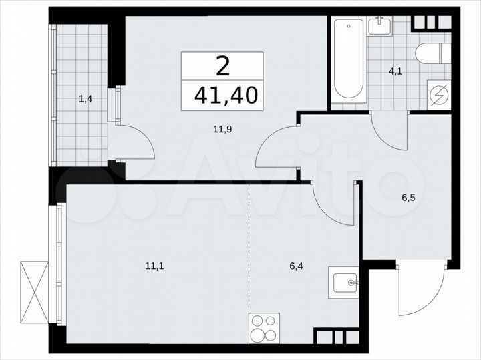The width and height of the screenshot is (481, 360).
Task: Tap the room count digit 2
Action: click(x=222, y=66)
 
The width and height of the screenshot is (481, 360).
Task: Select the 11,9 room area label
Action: click(x=222, y=130)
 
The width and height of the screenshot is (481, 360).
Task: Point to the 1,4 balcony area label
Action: click(x=86, y=99)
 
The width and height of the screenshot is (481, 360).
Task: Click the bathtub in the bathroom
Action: click(x=348, y=59)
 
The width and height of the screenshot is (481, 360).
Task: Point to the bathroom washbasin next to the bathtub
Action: click(x=381, y=26)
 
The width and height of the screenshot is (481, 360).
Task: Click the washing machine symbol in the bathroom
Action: click(x=440, y=95)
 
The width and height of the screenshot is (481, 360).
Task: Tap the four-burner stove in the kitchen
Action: click(x=264, y=328)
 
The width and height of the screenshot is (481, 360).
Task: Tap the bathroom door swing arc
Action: click(x=387, y=134)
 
